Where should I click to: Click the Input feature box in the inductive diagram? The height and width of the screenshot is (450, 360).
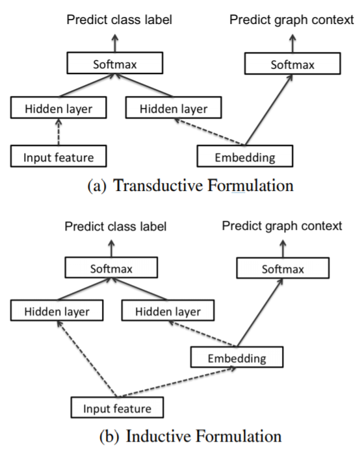(116, 408)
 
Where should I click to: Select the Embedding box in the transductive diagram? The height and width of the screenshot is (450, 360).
(245, 156)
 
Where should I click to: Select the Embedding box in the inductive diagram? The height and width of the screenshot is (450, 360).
(237, 358)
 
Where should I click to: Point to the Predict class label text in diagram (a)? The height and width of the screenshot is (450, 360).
(120, 20)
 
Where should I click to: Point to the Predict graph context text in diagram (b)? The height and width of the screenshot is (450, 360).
(281, 225)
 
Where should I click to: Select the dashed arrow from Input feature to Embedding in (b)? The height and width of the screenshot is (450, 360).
(175, 383)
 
